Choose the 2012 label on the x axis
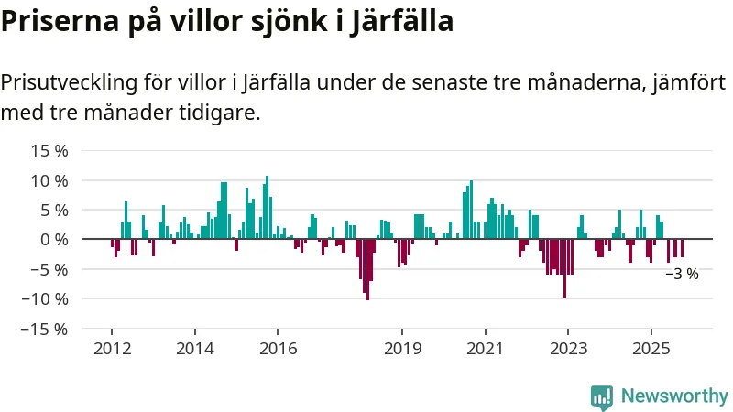tap(111, 348)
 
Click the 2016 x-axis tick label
tap(278, 348)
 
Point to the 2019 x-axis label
tap(401, 348)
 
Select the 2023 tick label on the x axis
tap(567, 348)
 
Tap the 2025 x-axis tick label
tap(651, 348)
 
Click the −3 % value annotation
tap(681, 274)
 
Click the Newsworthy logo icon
tap(602, 396)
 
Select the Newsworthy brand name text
tap(674, 396)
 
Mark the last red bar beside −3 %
tap(682, 248)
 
